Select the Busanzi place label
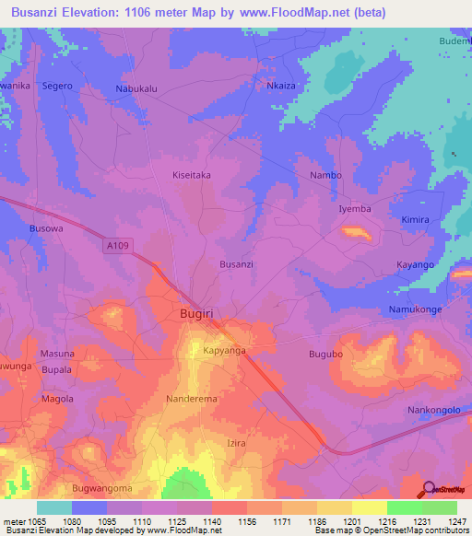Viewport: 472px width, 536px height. pyautogui.click(x=236, y=264)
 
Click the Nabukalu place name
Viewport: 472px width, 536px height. pyautogui.click(x=136, y=88)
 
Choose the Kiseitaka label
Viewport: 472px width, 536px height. pyautogui.click(x=192, y=174)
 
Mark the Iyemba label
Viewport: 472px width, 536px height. pyautogui.click(x=355, y=209)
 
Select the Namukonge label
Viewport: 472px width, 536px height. pyautogui.click(x=416, y=309)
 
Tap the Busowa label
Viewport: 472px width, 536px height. pyautogui.click(x=46, y=227)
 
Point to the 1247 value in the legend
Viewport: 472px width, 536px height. pyautogui.click(x=449, y=521)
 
